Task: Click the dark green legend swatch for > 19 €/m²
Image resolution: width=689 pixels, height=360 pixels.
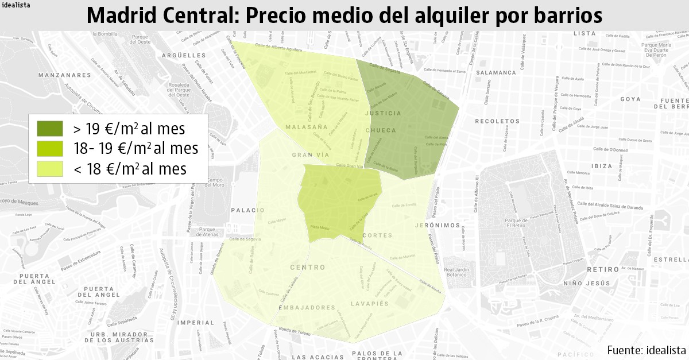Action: (x=49, y=128)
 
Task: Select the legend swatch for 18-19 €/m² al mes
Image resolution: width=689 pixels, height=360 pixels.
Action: (x=49, y=148)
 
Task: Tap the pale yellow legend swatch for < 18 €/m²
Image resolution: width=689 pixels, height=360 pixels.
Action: (x=49, y=169)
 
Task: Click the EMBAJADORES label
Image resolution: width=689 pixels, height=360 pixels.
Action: (x=306, y=308)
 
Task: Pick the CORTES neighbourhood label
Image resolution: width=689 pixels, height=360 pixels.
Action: (x=378, y=235)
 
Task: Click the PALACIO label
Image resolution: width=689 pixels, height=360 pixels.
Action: (x=247, y=210)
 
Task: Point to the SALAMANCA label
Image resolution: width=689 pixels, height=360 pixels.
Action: (x=496, y=73)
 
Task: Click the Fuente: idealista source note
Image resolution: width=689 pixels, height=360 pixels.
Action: (x=646, y=350)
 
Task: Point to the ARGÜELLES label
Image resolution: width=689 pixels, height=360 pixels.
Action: (x=184, y=56)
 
